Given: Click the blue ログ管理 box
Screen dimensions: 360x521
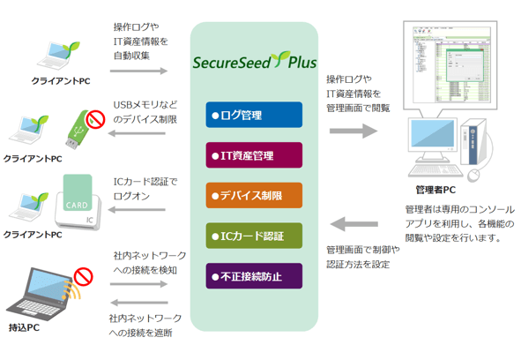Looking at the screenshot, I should [x=254, y=116].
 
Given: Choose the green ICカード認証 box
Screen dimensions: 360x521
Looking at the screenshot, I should [x=254, y=236].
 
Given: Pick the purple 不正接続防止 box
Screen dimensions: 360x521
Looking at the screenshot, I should [x=254, y=277].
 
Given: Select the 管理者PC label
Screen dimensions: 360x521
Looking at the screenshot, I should [x=435, y=190].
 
